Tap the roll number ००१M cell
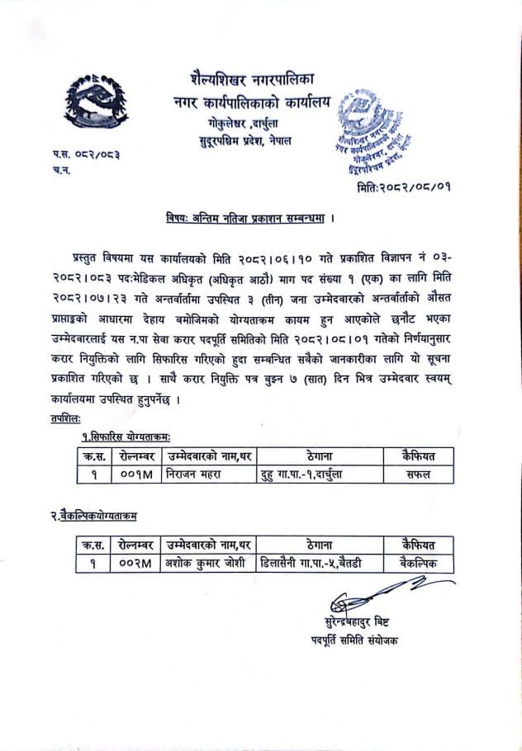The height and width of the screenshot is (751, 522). click(135, 475)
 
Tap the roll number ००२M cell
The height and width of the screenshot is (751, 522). click(135, 563)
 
